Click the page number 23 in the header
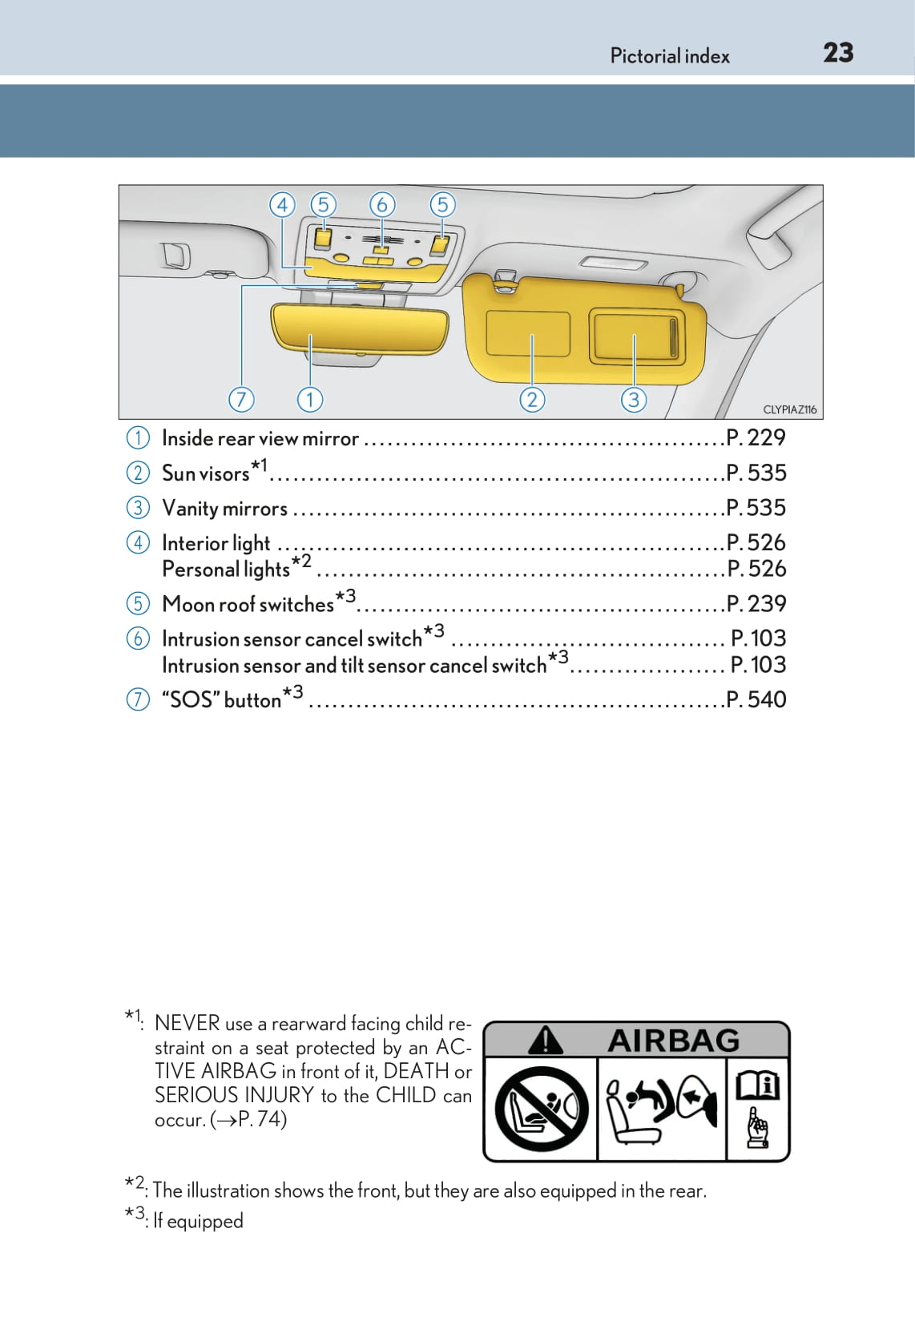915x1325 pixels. [x=838, y=53]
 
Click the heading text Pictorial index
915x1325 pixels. [x=670, y=56]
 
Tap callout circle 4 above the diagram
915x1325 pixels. [x=282, y=205]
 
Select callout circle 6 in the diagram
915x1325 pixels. [x=382, y=205]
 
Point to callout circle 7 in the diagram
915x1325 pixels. [x=241, y=399]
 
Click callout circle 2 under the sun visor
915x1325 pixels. [x=532, y=399]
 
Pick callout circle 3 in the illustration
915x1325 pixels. [x=634, y=399]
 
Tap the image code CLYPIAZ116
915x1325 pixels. [x=789, y=409]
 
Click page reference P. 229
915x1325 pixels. [x=756, y=437]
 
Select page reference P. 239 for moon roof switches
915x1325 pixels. [x=756, y=603]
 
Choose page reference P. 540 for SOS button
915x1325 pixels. [x=756, y=699]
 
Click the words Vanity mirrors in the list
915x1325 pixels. [x=224, y=509]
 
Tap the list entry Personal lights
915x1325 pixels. [x=226, y=570]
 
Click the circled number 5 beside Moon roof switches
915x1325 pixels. [x=138, y=603]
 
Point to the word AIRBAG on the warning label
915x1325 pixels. [x=673, y=1041]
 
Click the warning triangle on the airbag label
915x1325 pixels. [x=546, y=1041]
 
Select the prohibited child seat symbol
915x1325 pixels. [x=542, y=1110]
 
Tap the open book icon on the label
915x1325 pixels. [x=757, y=1086]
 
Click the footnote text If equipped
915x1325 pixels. [x=198, y=1221]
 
